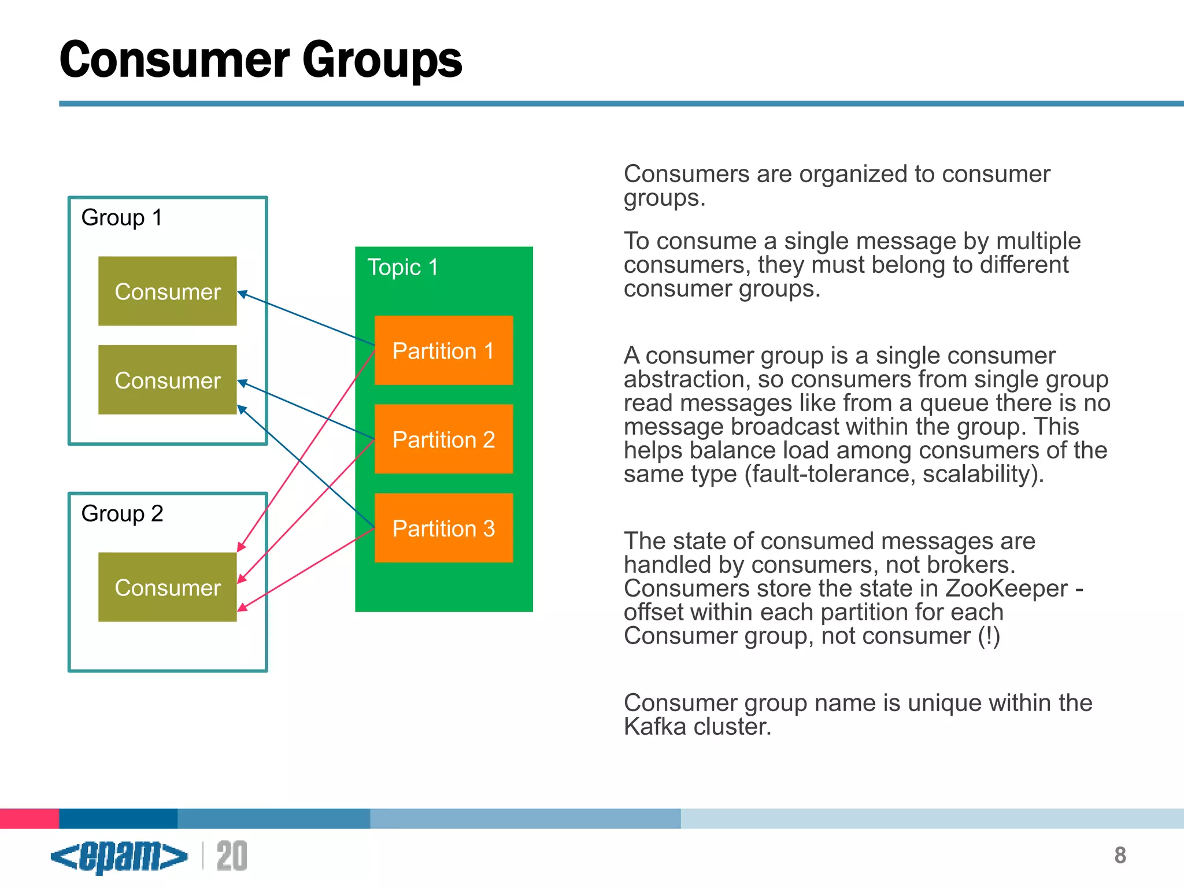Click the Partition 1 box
pos(443,350)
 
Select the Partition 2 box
pos(443,439)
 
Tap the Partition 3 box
pos(443,528)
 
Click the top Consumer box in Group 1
pos(167,291)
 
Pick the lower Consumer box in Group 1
pos(167,380)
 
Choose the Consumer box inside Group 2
pos(167,587)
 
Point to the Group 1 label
pos(121,218)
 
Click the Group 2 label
pos(122,513)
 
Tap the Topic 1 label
pos(402,268)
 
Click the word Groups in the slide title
pos(382,60)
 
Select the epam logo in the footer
pos(119,856)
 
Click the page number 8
pos(1120,856)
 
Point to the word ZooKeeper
pos(1006,589)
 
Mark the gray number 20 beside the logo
pos(232,856)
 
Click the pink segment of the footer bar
pos(29,819)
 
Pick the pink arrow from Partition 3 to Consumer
pos(306,568)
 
